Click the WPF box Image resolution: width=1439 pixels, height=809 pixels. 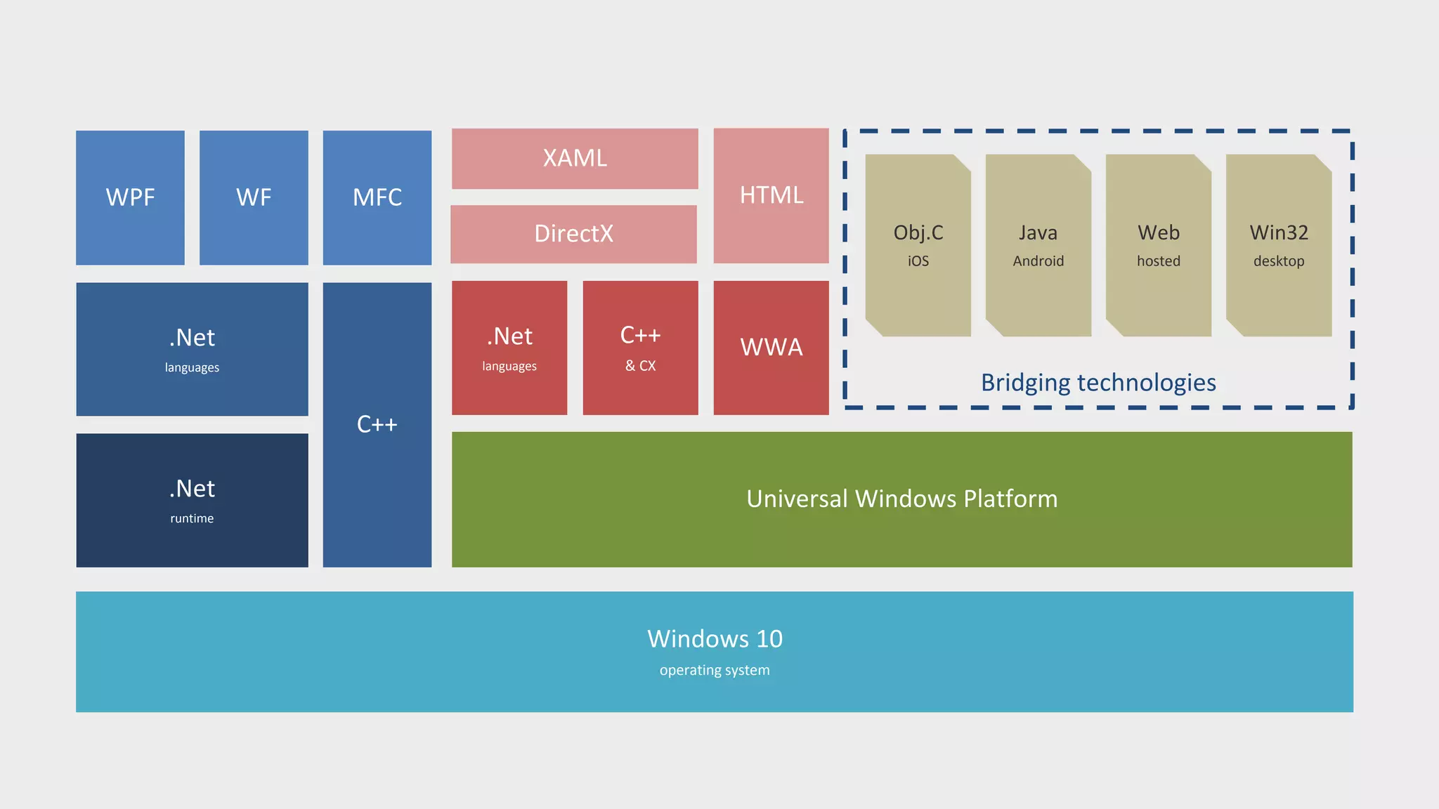tap(130, 197)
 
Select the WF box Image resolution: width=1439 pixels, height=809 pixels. tap(254, 197)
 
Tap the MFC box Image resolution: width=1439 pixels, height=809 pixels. tap(377, 197)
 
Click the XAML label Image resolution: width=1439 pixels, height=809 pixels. tap(575, 158)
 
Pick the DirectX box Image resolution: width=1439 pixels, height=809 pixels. tap(573, 234)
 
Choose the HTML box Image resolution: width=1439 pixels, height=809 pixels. tap(771, 195)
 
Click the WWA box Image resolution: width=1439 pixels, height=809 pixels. tap(771, 348)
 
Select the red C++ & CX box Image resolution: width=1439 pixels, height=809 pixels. tap(640, 348)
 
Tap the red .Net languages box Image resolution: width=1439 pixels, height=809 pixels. tap(509, 348)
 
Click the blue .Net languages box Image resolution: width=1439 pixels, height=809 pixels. tap(192, 349)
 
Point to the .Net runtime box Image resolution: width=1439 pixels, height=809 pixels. tap(192, 500)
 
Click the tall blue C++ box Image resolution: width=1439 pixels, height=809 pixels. tap(377, 424)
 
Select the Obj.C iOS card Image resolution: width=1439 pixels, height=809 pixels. tap(918, 245)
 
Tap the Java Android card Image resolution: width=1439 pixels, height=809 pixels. tap(1038, 245)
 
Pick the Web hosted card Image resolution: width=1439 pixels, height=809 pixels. tap(1158, 245)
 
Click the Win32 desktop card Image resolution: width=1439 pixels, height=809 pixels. tap(1278, 245)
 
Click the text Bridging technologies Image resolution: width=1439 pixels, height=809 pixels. tap(1098, 383)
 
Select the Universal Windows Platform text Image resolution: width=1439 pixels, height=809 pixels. tap(901, 499)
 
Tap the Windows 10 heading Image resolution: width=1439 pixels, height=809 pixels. tap(715, 639)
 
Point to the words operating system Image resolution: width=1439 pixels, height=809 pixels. tap(715, 670)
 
